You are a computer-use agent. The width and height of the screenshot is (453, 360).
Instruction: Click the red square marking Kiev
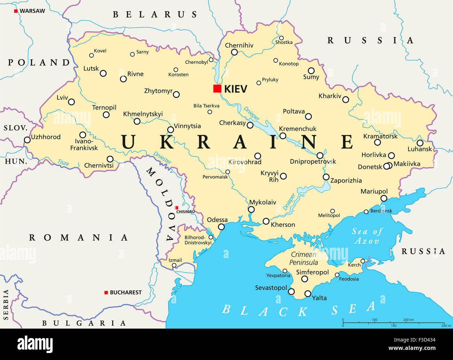(217, 89)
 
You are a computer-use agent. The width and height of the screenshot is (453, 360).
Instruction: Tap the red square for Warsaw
(16, 11)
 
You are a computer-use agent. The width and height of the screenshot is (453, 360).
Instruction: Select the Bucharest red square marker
(106, 292)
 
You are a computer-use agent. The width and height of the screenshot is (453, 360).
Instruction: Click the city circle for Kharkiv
(345, 99)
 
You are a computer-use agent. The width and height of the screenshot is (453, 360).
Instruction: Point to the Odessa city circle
(221, 227)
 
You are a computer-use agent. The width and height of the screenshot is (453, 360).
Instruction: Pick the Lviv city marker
(71, 102)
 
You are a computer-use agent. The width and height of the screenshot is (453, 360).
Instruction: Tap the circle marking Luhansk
(420, 143)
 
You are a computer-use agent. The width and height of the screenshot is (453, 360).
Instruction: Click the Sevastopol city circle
(291, 292)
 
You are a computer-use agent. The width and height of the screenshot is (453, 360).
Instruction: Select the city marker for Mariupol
(384, 198)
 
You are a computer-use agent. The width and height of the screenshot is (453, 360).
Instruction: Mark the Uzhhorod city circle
(27, 140)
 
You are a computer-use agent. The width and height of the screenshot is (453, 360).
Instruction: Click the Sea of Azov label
(367, 236)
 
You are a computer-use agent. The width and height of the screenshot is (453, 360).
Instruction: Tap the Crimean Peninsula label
(304, 258)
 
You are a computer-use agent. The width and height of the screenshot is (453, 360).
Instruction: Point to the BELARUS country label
(155, 15)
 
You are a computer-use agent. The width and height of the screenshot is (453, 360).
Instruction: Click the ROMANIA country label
(78, 238)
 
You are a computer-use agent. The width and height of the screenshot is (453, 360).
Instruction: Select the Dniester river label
(162, 158)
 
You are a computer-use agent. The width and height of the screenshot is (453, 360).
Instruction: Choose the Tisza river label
(63, 162)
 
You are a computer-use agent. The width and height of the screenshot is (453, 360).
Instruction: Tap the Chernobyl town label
(197, 62)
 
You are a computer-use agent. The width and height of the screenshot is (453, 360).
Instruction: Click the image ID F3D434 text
(423, 340)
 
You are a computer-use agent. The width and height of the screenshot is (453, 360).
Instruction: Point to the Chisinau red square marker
(177, 208)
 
